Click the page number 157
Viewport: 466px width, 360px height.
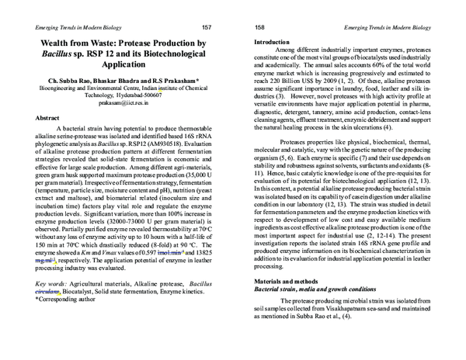[x=207, y=27]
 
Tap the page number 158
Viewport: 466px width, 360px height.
[x=259, y=27]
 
